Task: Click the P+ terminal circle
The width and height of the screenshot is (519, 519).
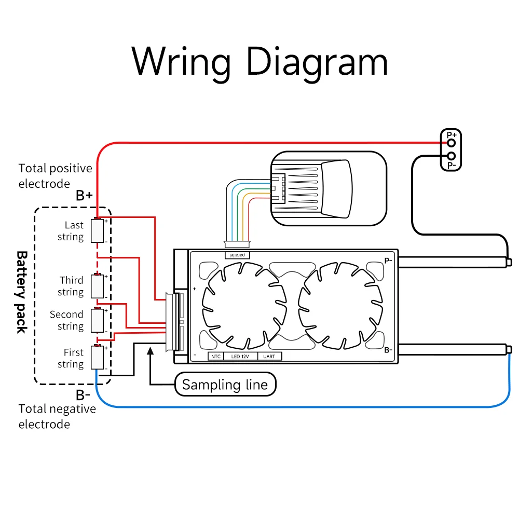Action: (452, 142)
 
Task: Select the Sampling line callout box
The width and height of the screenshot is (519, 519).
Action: (225, 385)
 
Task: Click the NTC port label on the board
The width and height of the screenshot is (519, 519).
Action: (215, 357)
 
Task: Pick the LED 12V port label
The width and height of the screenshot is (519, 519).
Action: (240, 357)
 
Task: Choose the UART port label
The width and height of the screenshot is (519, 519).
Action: (269, 357)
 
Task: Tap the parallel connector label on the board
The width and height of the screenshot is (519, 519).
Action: (238, 255)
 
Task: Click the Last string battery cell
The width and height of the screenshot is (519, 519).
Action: (98, 231)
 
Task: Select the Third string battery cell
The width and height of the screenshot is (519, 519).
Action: (98, 286)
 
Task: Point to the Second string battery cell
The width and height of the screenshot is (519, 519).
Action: (98, 321)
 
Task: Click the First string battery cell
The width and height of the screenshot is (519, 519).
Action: (98, 358)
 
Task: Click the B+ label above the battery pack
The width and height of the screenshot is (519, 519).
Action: (84, 196)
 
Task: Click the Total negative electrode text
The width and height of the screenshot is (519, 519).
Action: (57, 416)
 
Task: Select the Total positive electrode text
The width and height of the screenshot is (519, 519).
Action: (55, 176)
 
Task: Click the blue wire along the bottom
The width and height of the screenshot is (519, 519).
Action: (301, 406)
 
